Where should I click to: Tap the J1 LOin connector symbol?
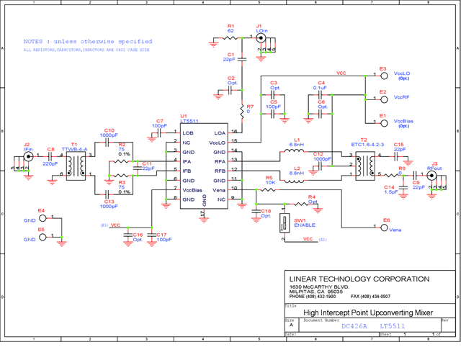pyautogui.click(x=261, y=37)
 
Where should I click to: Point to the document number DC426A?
pyautogui.click(x=354, y=326)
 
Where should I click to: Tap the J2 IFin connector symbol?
pyautogui.click(x=29, y=156)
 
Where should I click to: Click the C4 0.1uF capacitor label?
pyautogui.click(x=321, y=85)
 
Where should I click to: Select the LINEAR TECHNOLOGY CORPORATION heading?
pyautogui.click(x=359, y=279)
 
